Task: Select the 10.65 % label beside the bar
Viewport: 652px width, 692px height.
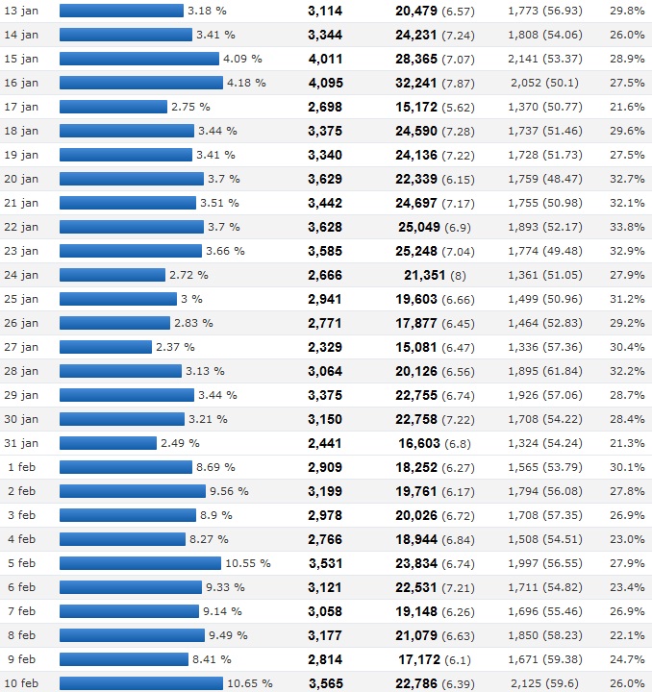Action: coord(250,683)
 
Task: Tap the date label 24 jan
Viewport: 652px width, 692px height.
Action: coord(21,275)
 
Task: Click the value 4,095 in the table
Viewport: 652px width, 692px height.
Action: coord(325,83)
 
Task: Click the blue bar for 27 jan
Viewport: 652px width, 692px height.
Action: coord(106,347)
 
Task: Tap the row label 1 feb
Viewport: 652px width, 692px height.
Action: coord(21,467)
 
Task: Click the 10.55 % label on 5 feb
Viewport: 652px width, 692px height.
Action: coord(247,563)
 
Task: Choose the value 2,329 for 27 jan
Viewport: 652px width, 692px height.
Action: coord(325,347)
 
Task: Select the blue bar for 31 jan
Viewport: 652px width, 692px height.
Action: coord(108,443)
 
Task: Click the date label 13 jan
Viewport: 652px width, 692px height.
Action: coord(21,11)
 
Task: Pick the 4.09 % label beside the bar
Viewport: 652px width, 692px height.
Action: coord(242,59)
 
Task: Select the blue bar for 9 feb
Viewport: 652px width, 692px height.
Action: coord(124,659)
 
